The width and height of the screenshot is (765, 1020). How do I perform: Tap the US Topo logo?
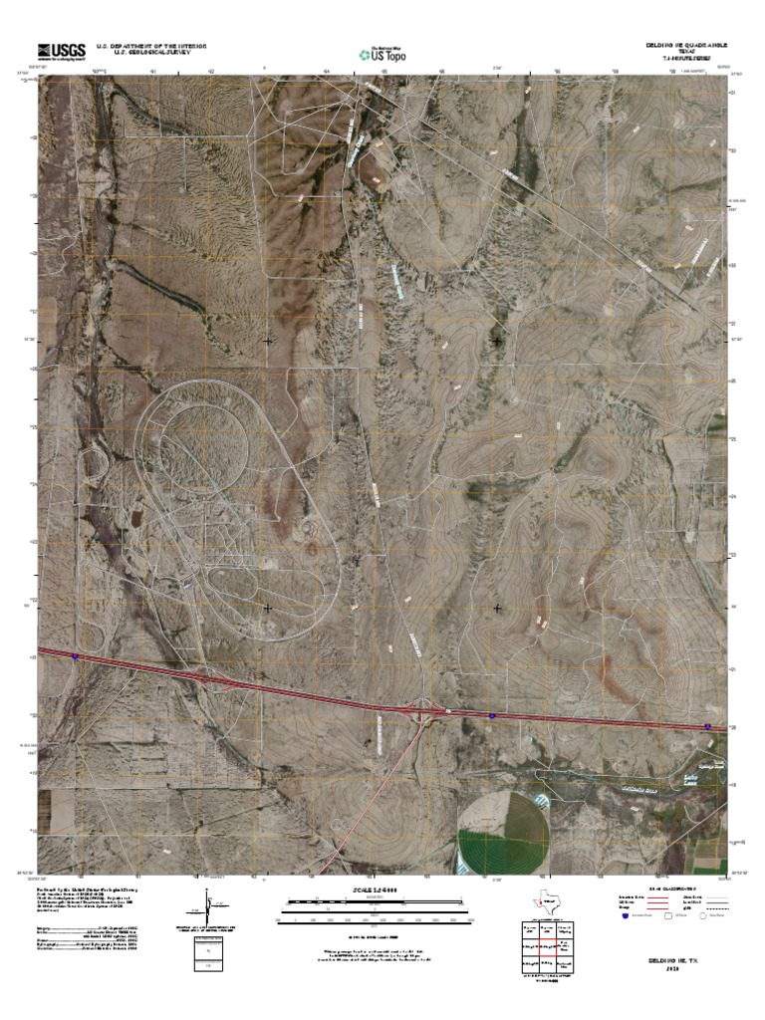pyautogui.click(x=387, y=54)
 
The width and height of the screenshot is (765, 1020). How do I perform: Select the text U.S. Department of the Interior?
pyautogui.click(x=151, y=46)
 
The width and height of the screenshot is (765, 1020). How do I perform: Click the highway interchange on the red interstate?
pyautogui.click(x=429, y=709)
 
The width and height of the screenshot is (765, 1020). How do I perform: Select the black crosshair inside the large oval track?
pyautogui.click(x=267, y=607)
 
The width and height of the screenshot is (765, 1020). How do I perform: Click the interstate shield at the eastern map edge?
pyautogui.click(x=707, y=727)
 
